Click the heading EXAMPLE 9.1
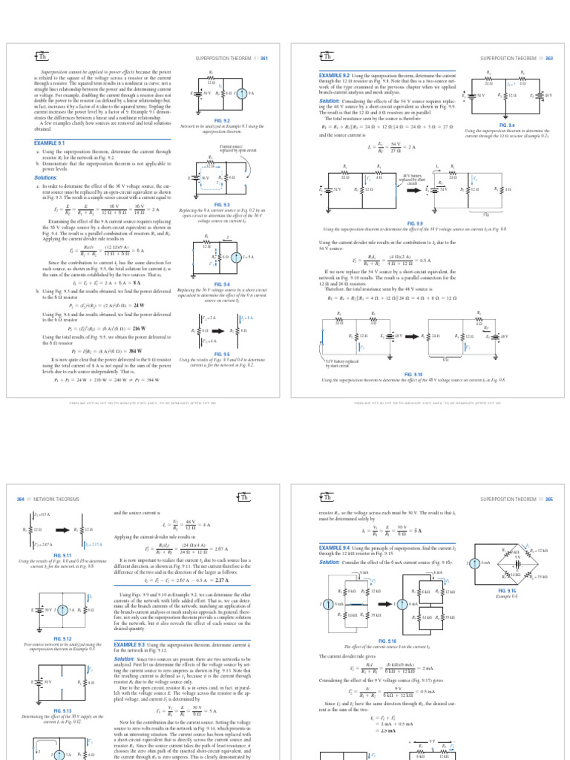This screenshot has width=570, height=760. pyautogui.click(x=50, y=142)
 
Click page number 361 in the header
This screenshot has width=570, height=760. pyautogui.click(x=263, y=57)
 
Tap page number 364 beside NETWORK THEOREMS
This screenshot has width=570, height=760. pyautogui.click(x=20, y=499)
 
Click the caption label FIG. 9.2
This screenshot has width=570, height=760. pyautogui.click(x=222, y=120)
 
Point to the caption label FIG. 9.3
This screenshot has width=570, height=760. pyautogui.click(x=222, y=203)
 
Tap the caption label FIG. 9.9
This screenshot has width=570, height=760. pyautogui.click(x=414, y=223)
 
